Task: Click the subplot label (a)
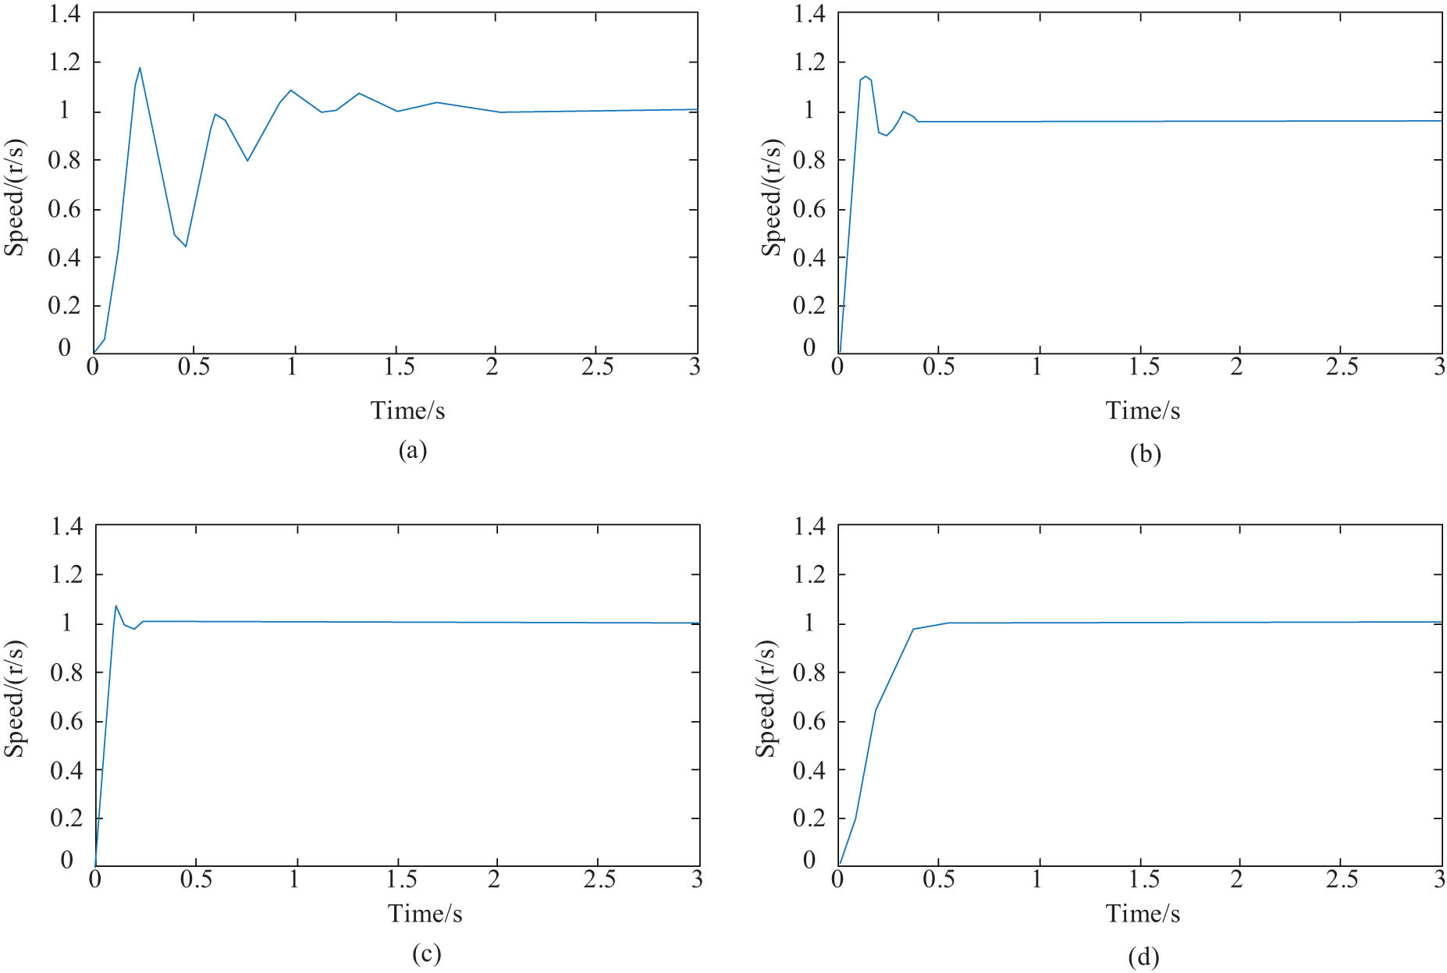click(412, 450)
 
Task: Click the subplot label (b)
click(1145, 453)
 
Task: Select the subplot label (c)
click(426, 953)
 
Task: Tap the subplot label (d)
click(1143, 957)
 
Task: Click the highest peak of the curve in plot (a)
click(140, 68)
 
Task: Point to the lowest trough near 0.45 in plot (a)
click(186, 247)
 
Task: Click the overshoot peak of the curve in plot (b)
click(866, 76)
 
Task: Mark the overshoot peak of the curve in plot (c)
click(116, 605)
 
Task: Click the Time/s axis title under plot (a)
click(407, 410)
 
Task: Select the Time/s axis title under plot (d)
click(1143, 913)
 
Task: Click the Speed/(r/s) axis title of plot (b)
click(771, 197)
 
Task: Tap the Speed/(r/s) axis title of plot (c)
click(14, 698)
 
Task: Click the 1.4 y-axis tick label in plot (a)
click(64, 14)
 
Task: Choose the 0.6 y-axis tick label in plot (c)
click(66, 721)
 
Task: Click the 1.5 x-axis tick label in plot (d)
click(1143, 879)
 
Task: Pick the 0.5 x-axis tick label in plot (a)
click(194, 367)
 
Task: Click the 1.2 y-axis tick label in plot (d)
click(809, 574)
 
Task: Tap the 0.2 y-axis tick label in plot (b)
click(809, 306)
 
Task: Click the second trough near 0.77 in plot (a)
click(247, 161)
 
